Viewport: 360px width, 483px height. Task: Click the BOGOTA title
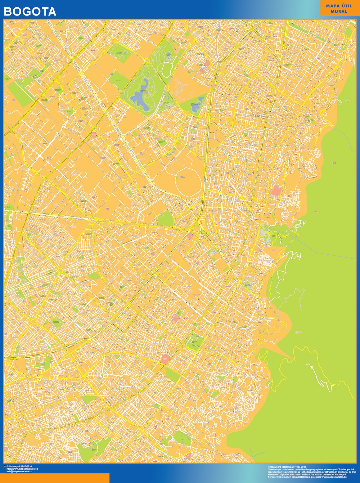tap(30, 12)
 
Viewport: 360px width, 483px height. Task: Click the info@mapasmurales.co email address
tap(19, 471)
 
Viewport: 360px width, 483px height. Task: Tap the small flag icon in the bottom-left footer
tap(5, 466)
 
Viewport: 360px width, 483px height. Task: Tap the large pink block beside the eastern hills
tap(277, 190)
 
